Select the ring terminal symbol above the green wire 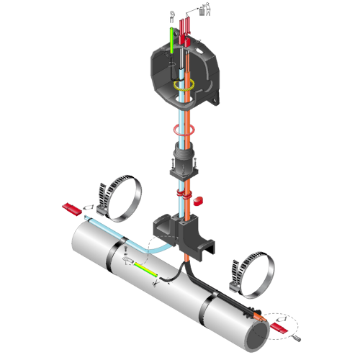tap(173, 14)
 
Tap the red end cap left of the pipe tap(70, 208)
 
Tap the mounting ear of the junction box tap(215, 99)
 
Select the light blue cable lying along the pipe tap(108, 227)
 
